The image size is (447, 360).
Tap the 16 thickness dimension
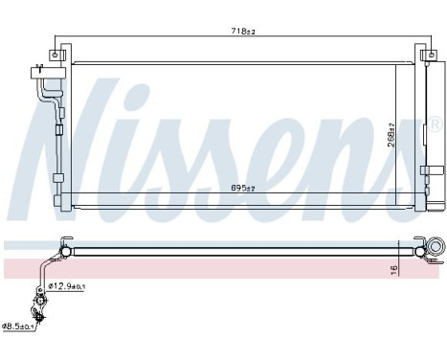pyautogui.click(x=393, y=270)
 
